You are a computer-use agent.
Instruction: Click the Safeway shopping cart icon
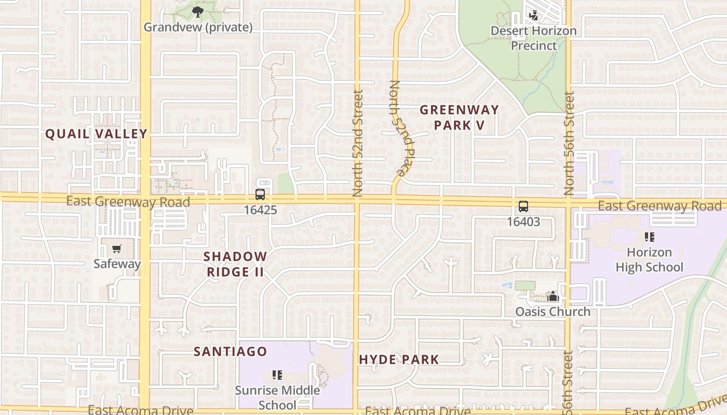116,249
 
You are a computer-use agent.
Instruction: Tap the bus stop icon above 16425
260,195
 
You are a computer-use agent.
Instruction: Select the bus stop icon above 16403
523,206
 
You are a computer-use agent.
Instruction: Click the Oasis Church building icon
553,297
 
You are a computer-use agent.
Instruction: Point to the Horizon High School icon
649,237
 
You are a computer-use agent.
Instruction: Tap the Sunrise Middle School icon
277,375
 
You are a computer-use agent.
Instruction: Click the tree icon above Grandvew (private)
197,12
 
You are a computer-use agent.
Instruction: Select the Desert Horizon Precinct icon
533,16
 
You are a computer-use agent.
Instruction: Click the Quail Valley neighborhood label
97,134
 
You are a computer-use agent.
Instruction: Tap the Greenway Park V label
459,117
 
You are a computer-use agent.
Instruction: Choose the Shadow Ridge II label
235,264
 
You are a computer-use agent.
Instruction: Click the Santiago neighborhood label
231,351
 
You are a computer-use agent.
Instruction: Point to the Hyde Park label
399,359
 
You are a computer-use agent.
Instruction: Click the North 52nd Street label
358,143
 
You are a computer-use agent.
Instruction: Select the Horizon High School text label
649,260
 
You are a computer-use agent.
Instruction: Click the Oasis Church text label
553,312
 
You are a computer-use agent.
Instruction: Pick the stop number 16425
260,210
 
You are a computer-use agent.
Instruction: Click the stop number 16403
523,222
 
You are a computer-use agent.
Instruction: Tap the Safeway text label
117,264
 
